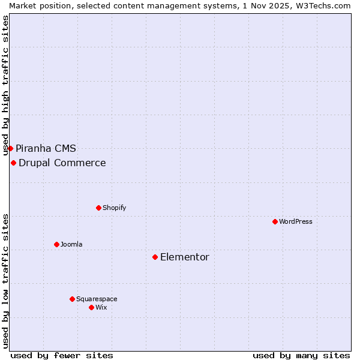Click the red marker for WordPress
pyautogui.click(x=275, y=221)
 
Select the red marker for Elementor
pyautogui.click(x=155, y=257)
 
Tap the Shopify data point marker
pyautogui.click(x=98, y=208)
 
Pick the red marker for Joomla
pyautogui.click(x=56, y=244)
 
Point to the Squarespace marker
pyautogui.click(x=72, y=299)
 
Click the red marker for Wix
pyautogui.click(x=91, y=307)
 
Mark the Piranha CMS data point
pyautogui.click(x=10, y=148)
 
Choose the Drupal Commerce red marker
pyautogui.click(x=13, y=163)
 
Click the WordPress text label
pyautogui.click(x=296, y=221)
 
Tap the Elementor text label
pyautogui.click(x=185, y=257)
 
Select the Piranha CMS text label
pyautogui.click(x=46, y=148)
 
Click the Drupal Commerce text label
pyautogui.click(x=62, y=163)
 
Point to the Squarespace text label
pyautogui.click(x=97, y=299)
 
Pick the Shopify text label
pyautogui.click(x=114, y=208)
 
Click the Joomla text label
pyautogui.click(x=71, y=244)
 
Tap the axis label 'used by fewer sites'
pyautogui.click(x=62, y=355)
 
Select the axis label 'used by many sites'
pyautogui.click(x=301, y=355)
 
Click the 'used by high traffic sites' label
pyautogui.click(x=5, y=86)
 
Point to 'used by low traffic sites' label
pyautogui.click(x=5, y=281)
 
